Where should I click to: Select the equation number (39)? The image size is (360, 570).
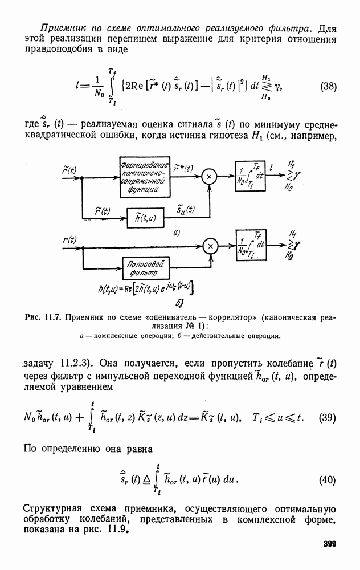coord(328,417)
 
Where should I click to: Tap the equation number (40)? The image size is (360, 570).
coord(328,480)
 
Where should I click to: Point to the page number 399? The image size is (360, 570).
coord(329,544)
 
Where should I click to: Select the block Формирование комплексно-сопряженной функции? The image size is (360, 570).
coord(144,177)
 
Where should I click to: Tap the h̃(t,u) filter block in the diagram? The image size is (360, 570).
coord(144,217)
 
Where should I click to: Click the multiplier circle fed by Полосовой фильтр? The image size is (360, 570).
coord(210,246)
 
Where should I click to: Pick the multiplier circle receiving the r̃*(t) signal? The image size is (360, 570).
coord(210,177)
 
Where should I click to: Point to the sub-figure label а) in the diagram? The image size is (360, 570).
coord(177,232)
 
